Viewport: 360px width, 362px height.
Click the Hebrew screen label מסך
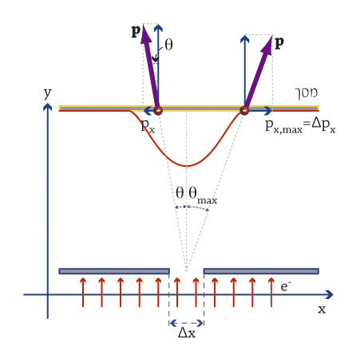click(307, 93)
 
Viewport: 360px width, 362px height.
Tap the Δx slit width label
click(187, 332)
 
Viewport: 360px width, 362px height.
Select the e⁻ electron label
click(286, 286)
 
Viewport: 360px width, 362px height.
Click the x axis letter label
click(322, 309)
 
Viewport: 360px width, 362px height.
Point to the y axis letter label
click(47, 93)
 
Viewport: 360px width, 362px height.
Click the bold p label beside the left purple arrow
click(136, 31)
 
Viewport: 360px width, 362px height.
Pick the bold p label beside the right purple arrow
click(279, 42)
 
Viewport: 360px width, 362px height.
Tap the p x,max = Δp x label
click(300, 126)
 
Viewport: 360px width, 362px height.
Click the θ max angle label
click(203, 195)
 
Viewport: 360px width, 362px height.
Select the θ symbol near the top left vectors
click(168, 45)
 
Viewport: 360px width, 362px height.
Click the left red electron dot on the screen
click(158, 110)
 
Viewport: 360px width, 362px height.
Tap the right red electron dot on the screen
click(244, 110)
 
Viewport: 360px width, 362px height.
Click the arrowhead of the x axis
click(330, 294)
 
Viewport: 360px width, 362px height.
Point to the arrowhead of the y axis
click(47, 107)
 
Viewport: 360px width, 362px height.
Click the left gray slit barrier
click(114, 271)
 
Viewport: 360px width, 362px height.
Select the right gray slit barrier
click(261, 271)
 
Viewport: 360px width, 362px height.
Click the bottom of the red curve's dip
click(187, 166)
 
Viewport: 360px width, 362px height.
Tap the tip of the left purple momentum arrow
click(144, 25)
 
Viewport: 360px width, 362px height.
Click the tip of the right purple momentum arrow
click(272, 35)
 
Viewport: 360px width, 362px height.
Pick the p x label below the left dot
click(148, 125)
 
